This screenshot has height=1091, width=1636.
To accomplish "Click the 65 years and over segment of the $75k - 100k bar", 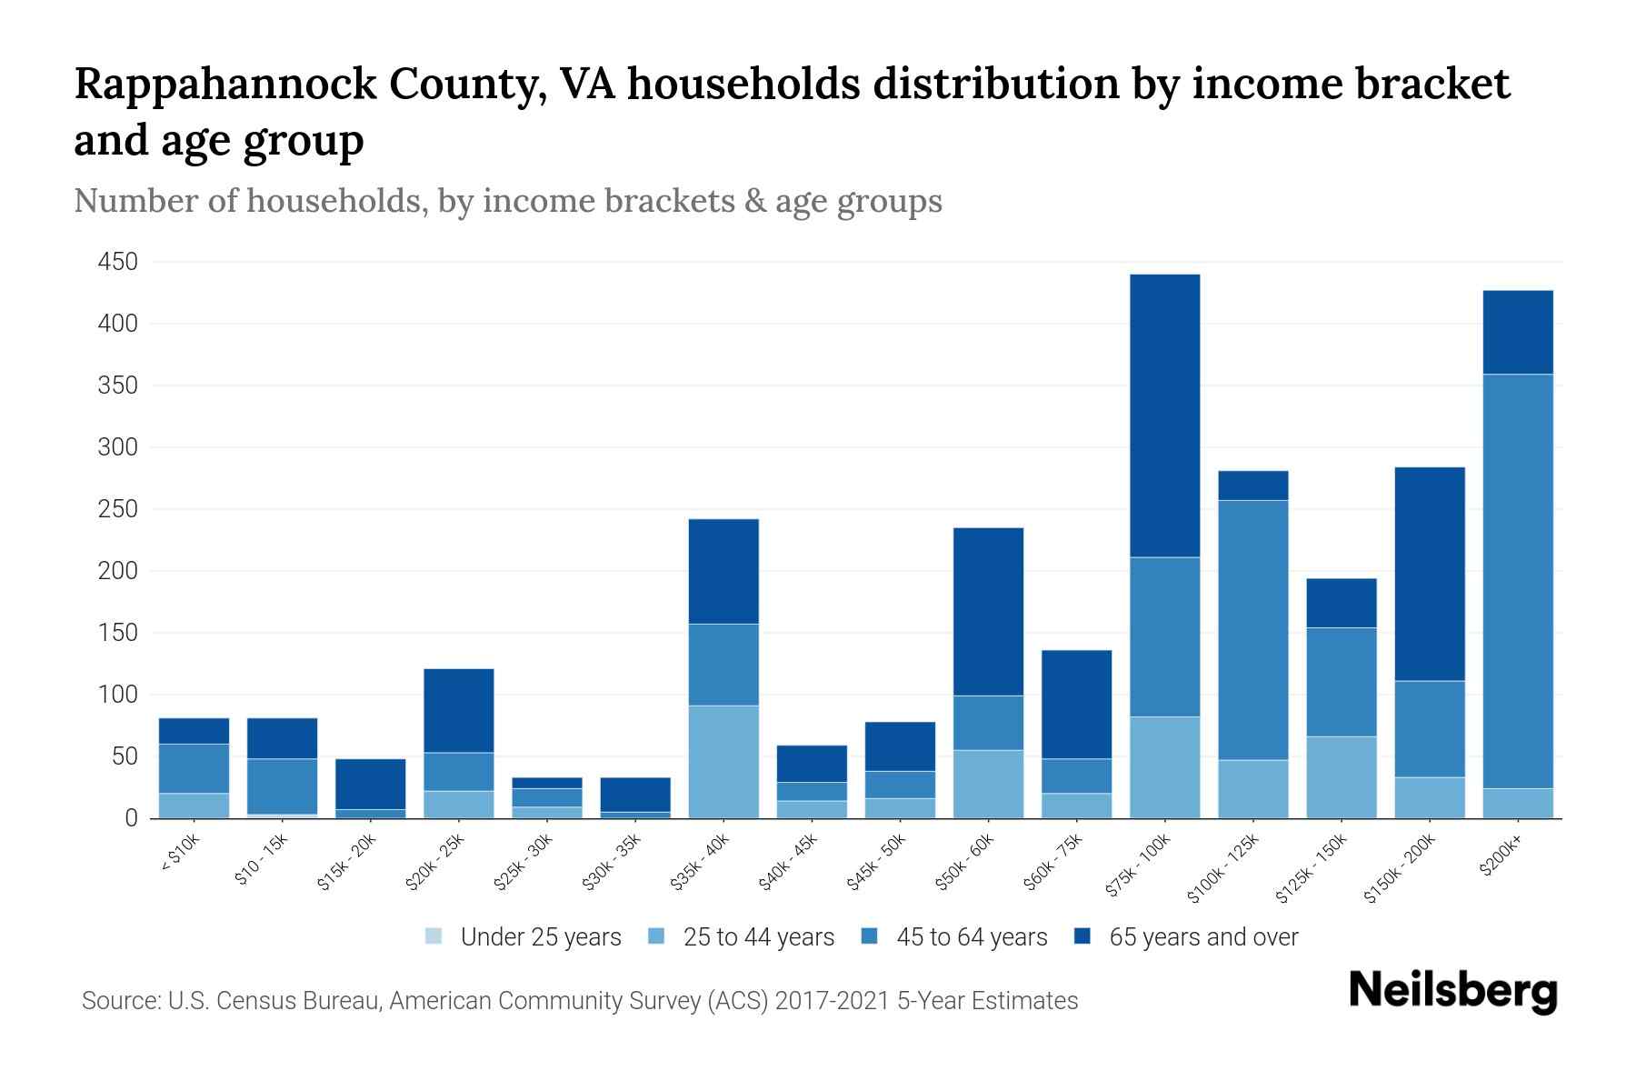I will pyautogui.click(x=1164, y=415).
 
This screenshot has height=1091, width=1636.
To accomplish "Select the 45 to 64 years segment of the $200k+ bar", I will pyautogui.click(x=1517, y=581).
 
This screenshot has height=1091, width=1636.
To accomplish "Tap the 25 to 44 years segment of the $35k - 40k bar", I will pyautogui.click(x=723, y=762).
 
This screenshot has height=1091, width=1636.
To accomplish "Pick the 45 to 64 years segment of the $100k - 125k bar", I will pyautogui.click(x=1252, y=630).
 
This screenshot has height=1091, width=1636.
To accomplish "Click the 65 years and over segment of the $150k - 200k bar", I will pyautogui.click(x=1430, y=574).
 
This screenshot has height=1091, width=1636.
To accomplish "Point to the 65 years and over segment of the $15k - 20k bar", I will pyautogui.click(x=370, y=784).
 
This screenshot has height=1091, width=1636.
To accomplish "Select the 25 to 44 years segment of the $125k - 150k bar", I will pyautogui.click(x=1341, y=777).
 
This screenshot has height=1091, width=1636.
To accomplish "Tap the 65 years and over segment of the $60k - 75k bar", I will pyautogui.click(x=1076, y=705).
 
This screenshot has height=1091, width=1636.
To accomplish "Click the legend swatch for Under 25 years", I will pyautogui.click(x=434, y=936).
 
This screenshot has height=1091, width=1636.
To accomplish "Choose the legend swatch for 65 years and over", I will pyautogui.click(x=1082, y=936).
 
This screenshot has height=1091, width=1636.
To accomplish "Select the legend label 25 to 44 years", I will pyautogui.click(x=758, y=937).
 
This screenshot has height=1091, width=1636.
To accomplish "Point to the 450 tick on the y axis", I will pyautogui.click(x=118, y=262).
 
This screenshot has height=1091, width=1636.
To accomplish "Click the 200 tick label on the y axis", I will pyautogui.click(x=118, y=571).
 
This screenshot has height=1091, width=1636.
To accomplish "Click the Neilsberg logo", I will pyautogui.click(x=1452, y=991).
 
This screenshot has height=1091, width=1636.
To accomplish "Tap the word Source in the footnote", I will pyautogui.click(x=118, y=1001).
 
